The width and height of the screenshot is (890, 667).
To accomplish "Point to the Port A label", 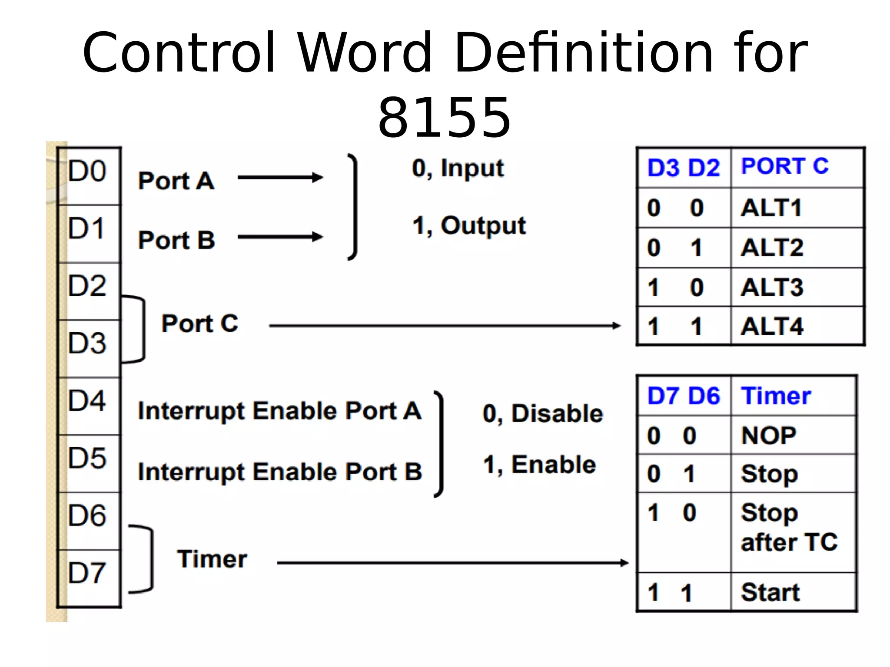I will pos(176,181).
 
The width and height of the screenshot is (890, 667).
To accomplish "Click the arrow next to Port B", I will pos(280,237).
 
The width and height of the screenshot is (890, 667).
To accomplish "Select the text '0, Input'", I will pos(458,168).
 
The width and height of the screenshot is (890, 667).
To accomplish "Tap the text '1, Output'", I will pos(469,226).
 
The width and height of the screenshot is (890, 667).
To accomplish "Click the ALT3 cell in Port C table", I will pos(772,287).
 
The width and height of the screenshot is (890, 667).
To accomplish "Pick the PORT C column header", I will pos(784,166).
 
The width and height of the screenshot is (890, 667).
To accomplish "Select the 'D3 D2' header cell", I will pos(684,168).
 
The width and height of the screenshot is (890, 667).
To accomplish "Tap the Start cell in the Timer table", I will pos(770,592).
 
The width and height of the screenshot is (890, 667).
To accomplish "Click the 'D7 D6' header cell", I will pos(684,396).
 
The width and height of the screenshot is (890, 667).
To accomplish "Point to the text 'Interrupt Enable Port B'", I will pos(279,472).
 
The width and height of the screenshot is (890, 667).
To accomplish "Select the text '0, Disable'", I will pos(543,413).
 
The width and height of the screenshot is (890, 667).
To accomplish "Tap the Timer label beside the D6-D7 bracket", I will pos(212,559).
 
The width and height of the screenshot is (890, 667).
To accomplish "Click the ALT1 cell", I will pos(771,208).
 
